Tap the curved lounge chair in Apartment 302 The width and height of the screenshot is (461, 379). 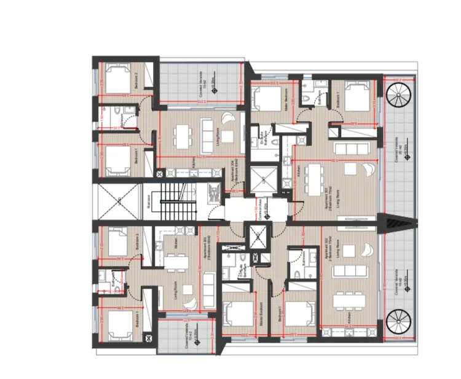tap(366, 249)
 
